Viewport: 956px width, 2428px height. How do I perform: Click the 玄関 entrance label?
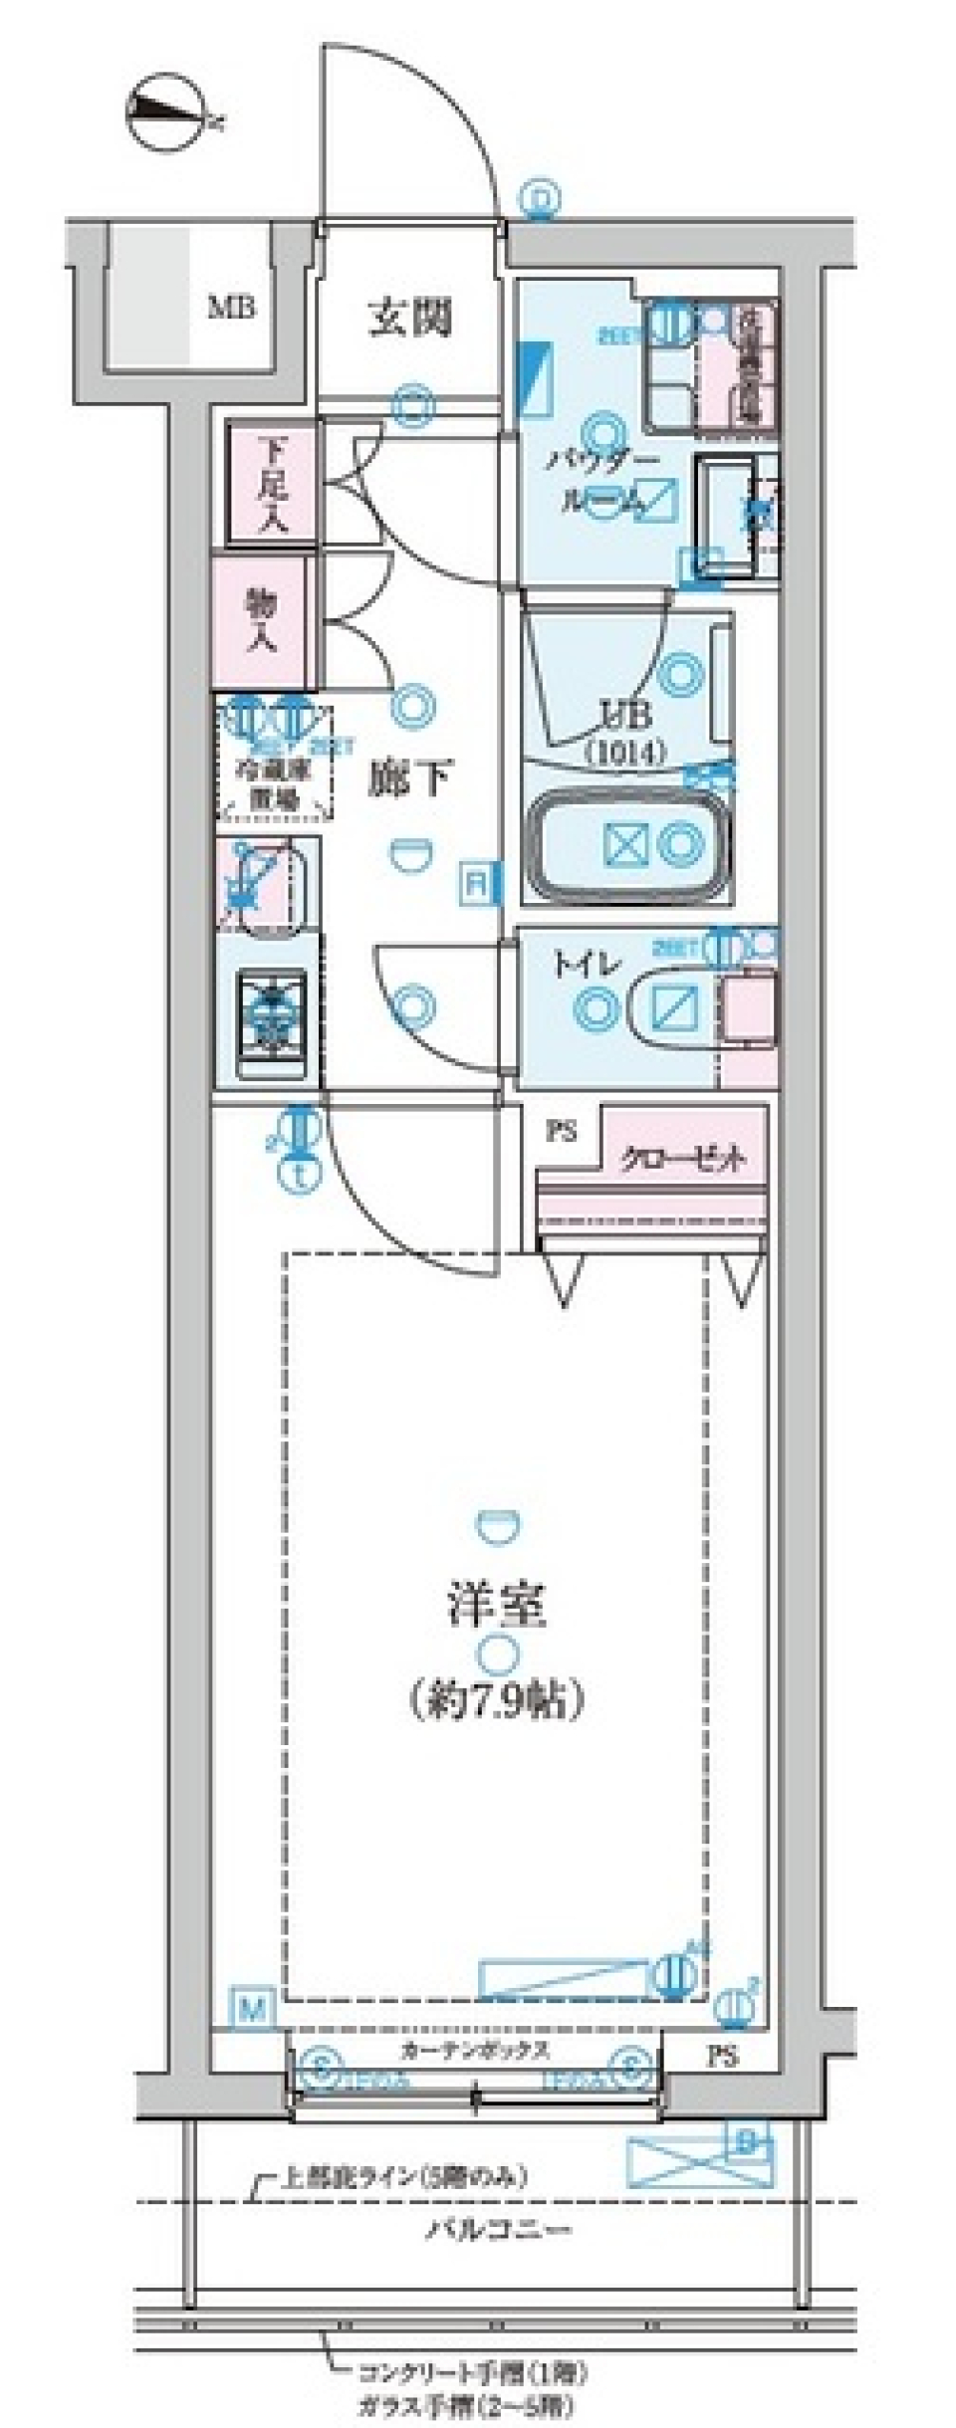410,320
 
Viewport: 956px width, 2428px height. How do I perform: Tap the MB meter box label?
231,307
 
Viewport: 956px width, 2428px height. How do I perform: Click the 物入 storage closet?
262,621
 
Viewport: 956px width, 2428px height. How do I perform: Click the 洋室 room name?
495,1604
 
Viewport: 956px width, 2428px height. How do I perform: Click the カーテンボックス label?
475,2050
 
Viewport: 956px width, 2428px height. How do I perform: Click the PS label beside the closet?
562,1132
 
